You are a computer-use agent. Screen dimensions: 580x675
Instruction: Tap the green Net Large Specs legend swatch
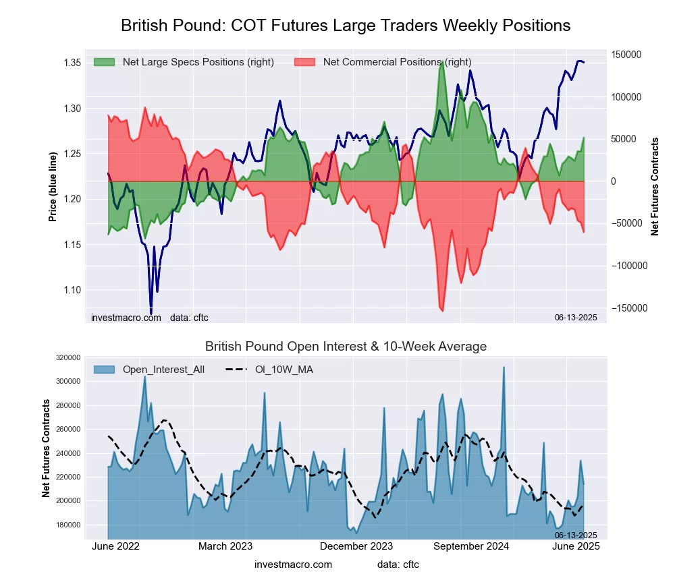point(105,62)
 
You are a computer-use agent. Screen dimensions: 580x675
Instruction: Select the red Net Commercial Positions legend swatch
point(305,62)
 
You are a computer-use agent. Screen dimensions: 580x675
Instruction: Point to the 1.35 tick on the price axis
point(72,63)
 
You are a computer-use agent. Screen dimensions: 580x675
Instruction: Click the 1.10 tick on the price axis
point(72,290)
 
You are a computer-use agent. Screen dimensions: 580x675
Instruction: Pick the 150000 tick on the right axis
point(626,55)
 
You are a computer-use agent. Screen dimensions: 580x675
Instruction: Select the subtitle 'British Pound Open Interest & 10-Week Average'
point(346,347)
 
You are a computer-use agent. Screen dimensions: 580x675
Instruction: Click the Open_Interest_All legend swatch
point(105,370)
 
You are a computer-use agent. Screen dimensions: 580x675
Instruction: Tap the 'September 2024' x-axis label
point(470,547)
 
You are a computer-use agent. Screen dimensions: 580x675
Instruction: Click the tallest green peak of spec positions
point(441,62)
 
